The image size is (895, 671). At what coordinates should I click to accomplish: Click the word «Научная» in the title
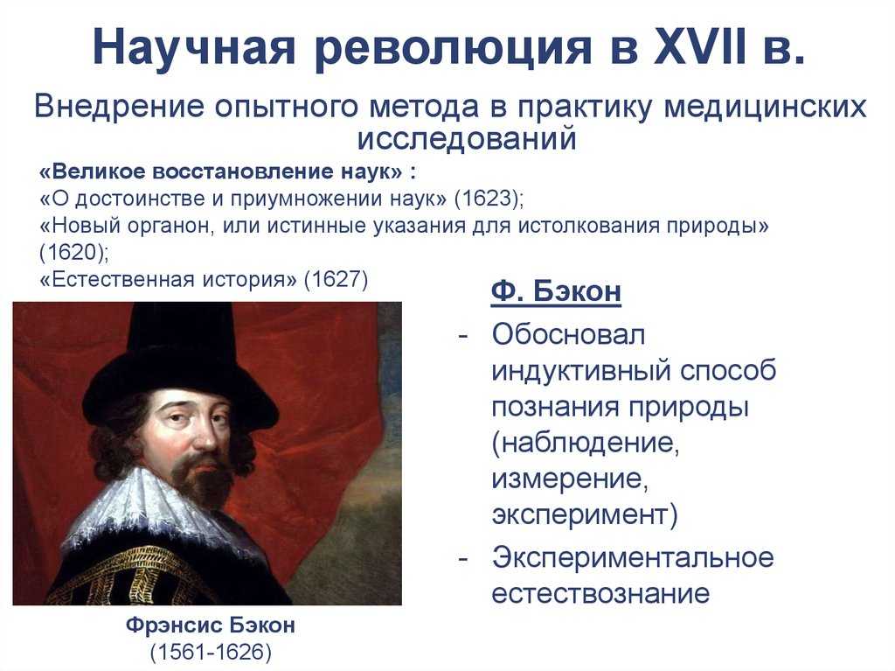point(194,47)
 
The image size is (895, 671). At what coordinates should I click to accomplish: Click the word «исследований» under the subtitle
point(467,139)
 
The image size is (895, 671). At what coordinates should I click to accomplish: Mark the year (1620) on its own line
point(73,252)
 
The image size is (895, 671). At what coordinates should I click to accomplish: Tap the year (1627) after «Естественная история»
point(336,279)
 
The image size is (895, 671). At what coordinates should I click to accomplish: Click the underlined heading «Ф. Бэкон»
point(556,291)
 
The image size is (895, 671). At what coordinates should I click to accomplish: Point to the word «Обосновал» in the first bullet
point(568,334)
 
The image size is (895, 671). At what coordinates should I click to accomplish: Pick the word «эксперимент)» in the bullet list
point(585,514)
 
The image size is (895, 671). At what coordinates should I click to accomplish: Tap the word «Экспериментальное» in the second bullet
point(633,558)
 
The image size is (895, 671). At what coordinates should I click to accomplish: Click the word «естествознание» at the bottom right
point(600,593)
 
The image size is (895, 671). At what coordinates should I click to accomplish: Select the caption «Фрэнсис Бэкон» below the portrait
point(211,625)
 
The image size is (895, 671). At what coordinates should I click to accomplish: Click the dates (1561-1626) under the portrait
point(211,652)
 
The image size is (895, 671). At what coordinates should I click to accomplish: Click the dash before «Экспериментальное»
point(463,558)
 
